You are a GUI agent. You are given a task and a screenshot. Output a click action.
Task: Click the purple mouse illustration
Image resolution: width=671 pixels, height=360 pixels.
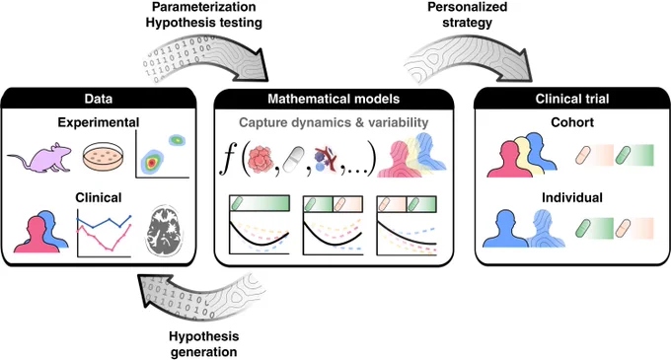(40, 159)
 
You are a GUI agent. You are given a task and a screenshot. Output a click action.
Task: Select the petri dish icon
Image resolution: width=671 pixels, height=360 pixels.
(103, 157)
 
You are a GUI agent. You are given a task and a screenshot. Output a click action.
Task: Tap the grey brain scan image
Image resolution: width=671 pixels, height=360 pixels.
(165, 232)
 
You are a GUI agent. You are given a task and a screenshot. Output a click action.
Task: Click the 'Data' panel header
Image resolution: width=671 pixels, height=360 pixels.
(99, 99)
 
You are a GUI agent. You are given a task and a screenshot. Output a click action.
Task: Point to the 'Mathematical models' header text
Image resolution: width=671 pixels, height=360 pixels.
(334, 99)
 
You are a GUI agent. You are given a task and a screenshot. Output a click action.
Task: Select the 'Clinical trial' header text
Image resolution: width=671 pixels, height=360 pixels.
(572, 99)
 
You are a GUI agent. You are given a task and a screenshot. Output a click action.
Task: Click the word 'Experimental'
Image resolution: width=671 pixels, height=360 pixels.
(99, 122)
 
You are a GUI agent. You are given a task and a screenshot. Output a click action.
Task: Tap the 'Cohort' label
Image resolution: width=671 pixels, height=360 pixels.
(572, 122)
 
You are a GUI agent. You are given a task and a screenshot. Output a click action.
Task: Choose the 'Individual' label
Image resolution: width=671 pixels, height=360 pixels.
(572, 197)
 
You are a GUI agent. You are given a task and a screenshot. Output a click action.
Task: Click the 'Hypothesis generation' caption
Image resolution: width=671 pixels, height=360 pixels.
(203, 344)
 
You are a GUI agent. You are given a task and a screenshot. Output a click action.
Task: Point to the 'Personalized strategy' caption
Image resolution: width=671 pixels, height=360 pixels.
(468, 15)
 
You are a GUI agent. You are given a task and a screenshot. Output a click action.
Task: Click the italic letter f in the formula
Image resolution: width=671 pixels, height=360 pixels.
(229, 158)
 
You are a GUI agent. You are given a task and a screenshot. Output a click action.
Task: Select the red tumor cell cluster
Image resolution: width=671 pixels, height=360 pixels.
(261, 159)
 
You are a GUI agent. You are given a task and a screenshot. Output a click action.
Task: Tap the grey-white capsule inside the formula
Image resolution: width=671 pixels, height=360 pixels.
(294, 159)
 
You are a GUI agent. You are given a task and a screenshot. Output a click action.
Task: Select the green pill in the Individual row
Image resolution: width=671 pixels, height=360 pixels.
(584, 228)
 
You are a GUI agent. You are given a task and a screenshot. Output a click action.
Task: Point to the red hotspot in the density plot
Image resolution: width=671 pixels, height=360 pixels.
(151, 163)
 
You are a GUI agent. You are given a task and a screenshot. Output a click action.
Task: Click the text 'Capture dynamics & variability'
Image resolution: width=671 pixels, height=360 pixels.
(334, 122)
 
